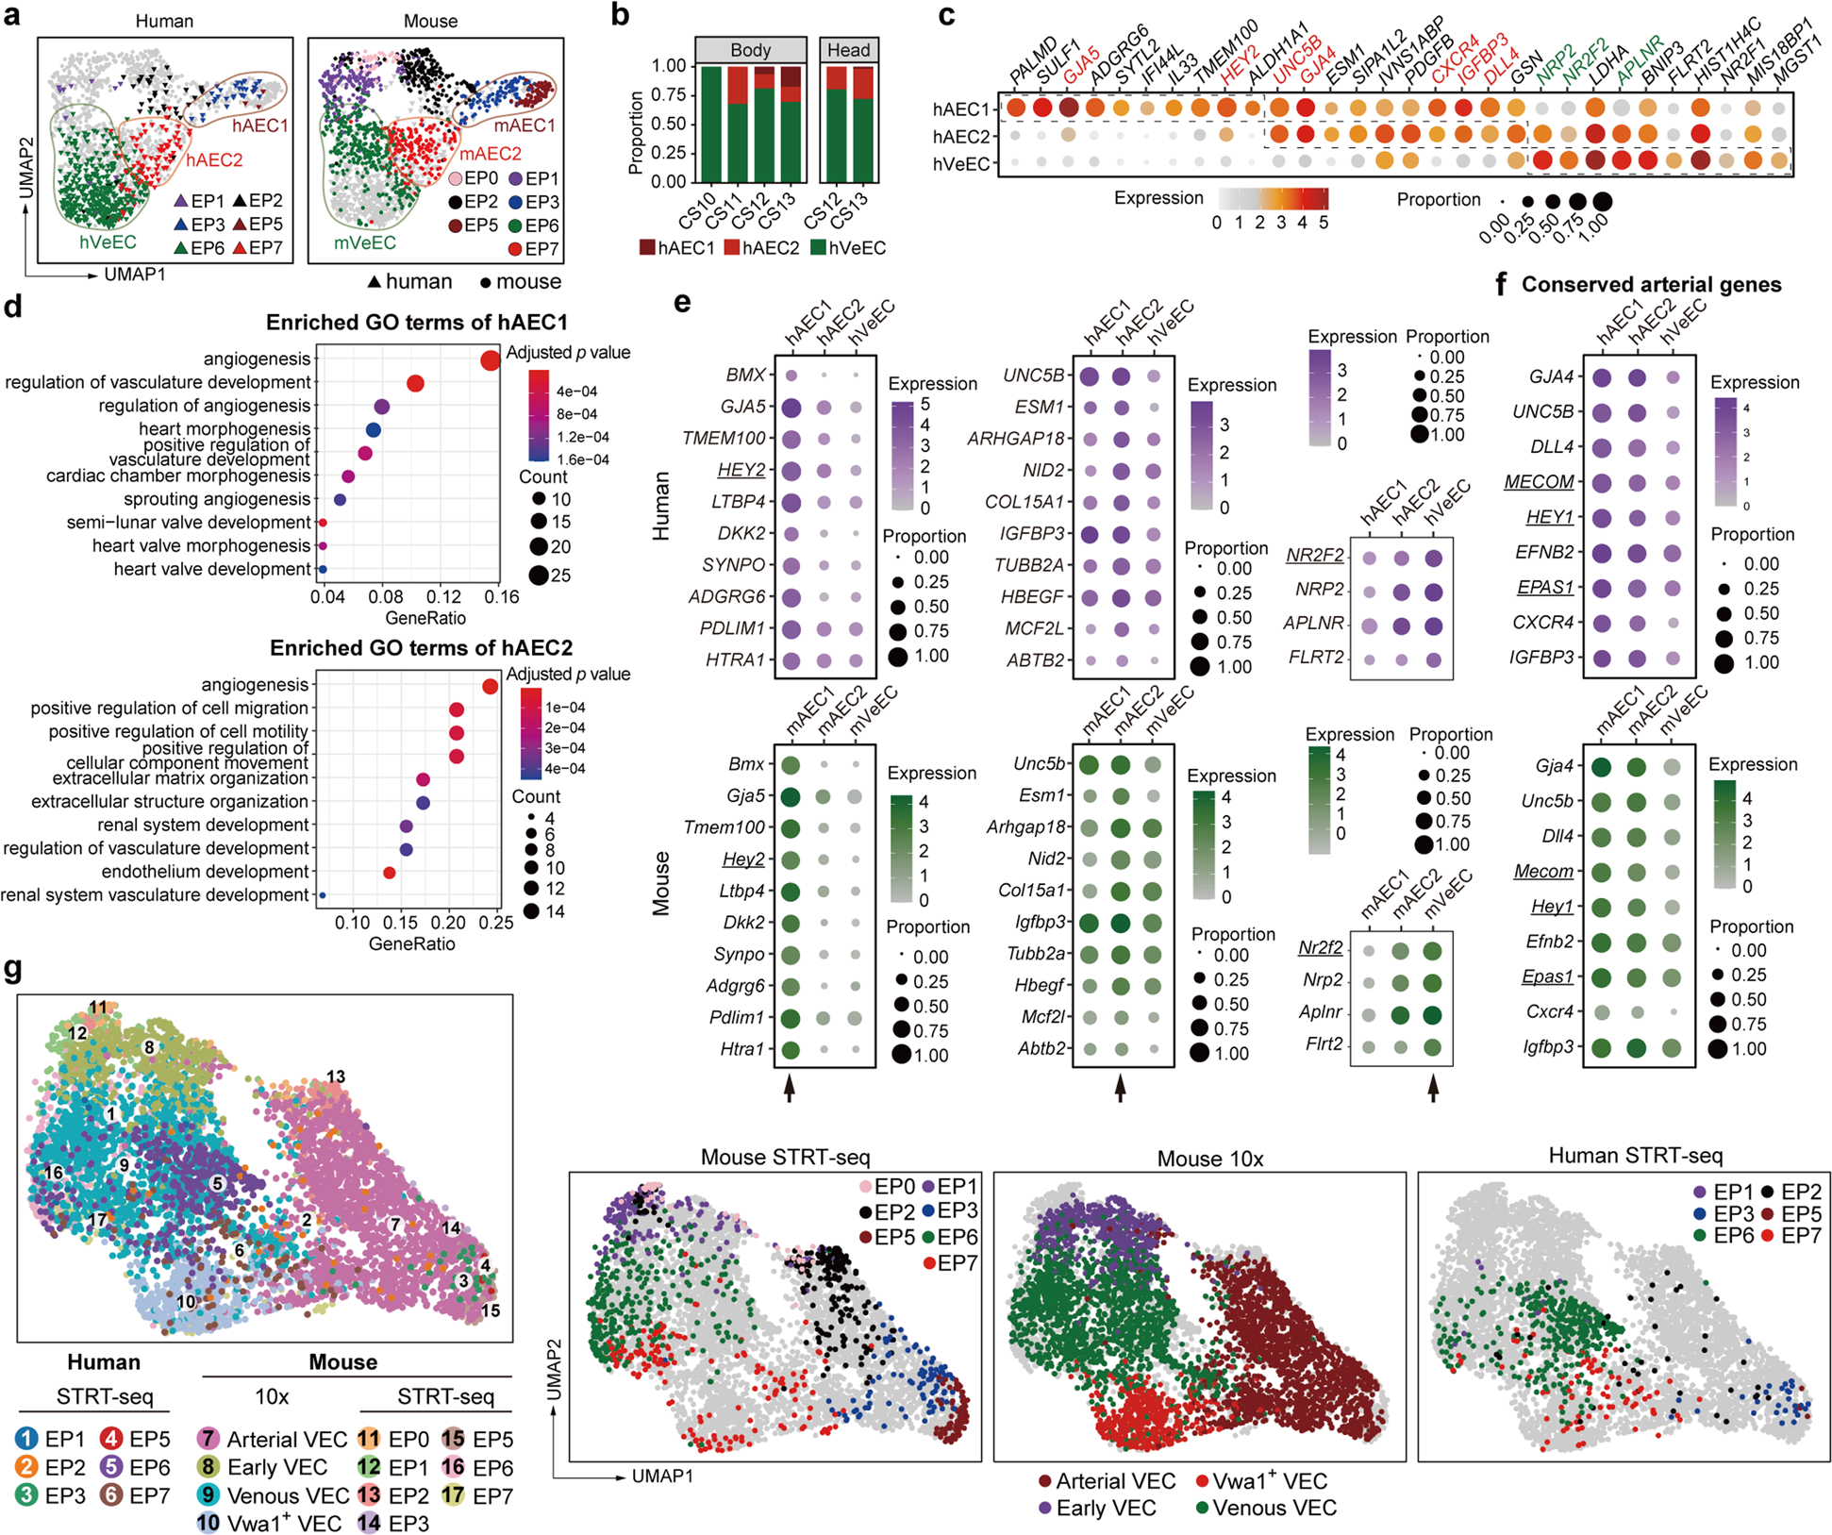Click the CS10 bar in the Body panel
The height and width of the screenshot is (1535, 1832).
(711, 124)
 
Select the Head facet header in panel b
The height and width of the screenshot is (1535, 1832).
(848, 50)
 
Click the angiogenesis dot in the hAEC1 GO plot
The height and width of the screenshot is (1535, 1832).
(490, 360)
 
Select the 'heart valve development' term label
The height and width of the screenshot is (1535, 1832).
(212, 569)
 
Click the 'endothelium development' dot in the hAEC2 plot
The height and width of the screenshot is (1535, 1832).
(390, 873)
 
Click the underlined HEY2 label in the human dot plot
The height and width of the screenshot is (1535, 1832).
(741, 470)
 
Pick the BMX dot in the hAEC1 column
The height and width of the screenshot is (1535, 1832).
(791, 375)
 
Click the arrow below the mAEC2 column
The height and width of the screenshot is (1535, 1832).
(1120, 1090)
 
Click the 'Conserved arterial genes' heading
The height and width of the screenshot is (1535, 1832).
(1651, 285)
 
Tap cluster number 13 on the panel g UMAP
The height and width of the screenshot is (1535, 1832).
(336, 1076)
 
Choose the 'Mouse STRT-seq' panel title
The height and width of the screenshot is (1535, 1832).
(785, 1156)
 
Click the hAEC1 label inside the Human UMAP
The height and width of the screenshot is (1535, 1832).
(260, 125)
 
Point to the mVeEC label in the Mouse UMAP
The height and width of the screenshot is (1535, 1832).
(364, 242)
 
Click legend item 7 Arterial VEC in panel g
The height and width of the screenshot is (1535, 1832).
(273, 1440)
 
